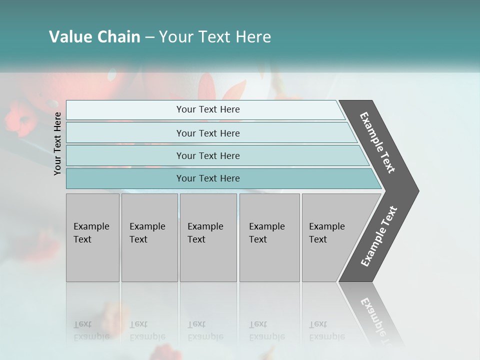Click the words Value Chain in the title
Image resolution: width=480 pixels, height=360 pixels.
tap(94, 37)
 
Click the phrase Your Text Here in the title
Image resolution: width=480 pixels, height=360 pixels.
tap(215, 37)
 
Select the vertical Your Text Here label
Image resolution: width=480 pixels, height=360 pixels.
tap(57, 144)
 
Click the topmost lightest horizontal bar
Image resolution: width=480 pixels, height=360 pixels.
tap(208, 109)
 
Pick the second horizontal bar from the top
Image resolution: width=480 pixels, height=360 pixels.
tap(208, 133)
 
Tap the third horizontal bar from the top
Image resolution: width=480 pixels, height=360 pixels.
tap(208, 155)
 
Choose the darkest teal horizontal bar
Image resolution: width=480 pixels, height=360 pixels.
tap(208, 178)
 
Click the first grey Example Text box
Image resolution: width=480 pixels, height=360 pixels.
tap(92, 237)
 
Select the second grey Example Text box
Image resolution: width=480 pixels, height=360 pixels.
tap(149, 237)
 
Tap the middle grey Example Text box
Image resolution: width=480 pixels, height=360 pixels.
tap(208, 237)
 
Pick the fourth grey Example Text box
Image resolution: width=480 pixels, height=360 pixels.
tap(269, 237)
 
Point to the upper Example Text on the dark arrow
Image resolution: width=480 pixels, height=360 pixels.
tap(377, 142)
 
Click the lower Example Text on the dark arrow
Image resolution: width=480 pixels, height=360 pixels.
tap(379, 236)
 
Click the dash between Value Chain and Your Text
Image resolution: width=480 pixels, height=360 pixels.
tap(149, 37)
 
